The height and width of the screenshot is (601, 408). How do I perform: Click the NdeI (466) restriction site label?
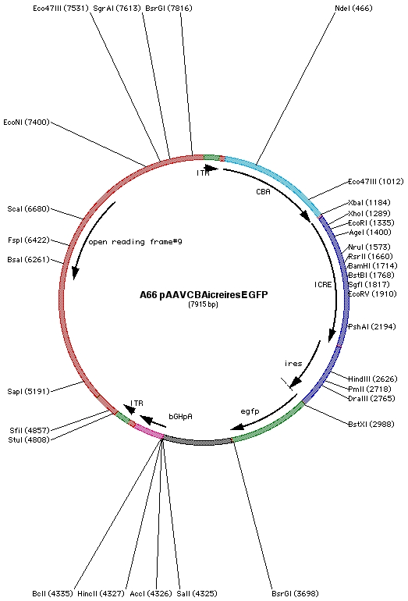point(353,8)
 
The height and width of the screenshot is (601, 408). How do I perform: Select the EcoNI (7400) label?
point(27,123)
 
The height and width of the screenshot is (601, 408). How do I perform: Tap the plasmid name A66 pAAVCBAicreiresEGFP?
point(204,295)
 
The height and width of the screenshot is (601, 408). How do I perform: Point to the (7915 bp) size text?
point(203,304)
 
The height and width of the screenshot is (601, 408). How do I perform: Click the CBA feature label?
point(263,192)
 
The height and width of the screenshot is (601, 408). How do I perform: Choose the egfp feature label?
point(250,411)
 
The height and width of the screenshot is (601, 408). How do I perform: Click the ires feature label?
point(293,364)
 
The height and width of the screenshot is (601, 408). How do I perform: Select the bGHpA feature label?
point(180,416)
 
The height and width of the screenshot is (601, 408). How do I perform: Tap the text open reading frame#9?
point(135,242)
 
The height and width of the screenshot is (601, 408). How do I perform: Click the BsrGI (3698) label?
point(295,593)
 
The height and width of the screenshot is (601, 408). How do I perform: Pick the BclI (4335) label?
point(52,593)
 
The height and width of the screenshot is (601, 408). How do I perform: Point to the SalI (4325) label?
point(197,593)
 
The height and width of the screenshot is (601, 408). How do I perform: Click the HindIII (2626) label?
point(372,379)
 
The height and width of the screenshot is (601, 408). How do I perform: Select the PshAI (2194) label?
point(371,326)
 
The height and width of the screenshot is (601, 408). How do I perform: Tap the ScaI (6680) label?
point(28,209)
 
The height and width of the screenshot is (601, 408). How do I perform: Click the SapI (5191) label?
point(28,391)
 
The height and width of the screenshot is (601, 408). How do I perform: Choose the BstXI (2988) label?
point(371,425)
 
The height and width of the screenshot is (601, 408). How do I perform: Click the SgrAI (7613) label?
point(117,8)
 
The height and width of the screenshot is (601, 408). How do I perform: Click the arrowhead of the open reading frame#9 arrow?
point(75,272)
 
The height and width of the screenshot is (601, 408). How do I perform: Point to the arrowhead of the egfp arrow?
point(236,427)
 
